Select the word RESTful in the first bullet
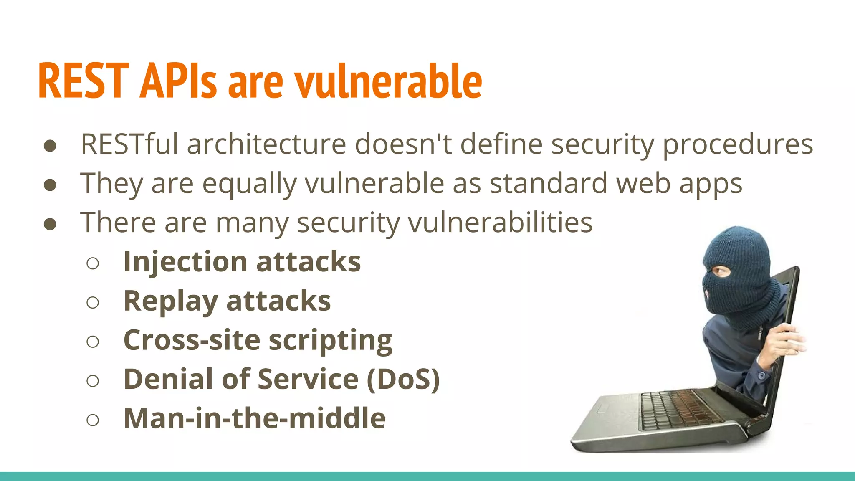pyautogui.click(x=129, y=144)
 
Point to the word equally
pyautogui.click(x=249, y=184)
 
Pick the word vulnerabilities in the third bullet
pyautogui.click(x=500, y=222)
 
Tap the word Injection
pyautogui.click(x=185, y=262)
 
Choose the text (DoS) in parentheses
pyautogui.click(x=403, y=379)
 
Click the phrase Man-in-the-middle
pyautogui.click(x=255, y=418)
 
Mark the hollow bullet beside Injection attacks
pyautogui.click(x=93, y=263)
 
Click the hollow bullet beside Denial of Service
pyautogui.click(x=93, y=380)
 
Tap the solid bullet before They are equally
pyautogui.click(x=50, y=185)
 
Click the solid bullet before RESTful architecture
pyautogui.click(x=50, y=146)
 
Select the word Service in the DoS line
pyautogui.click(x=308, y=379)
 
